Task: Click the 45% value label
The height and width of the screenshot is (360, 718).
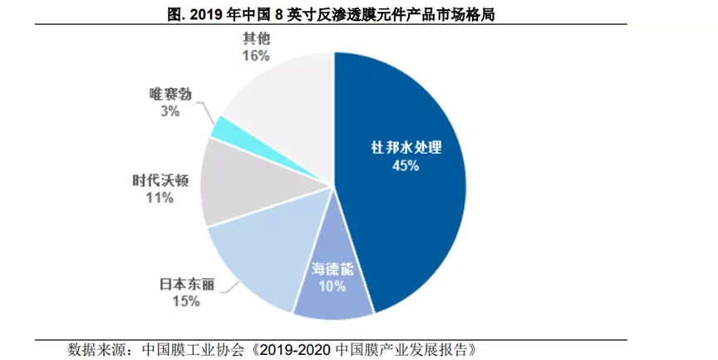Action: click(x=405, y=165)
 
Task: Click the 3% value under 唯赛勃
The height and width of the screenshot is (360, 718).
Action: click(x=170, y=111)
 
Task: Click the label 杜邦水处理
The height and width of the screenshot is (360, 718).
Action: click(x=405, y=148)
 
